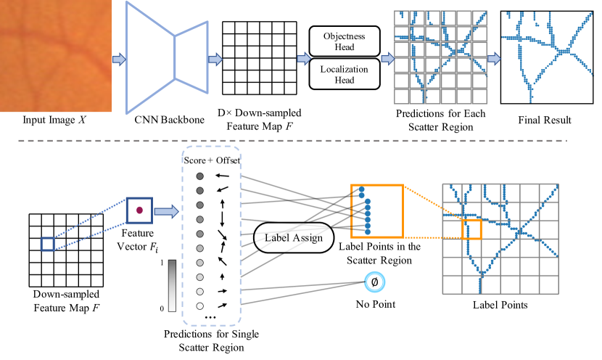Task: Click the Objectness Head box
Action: [x=345, y=41]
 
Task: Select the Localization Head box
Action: [x=345, y=74]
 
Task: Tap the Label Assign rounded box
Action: [x=294, y=238]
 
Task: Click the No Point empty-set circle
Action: [x=375, y=282]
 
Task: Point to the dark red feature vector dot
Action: [x=139, y=210]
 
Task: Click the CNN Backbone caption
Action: [x=169, y=120]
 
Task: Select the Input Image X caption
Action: [x=54, y=120]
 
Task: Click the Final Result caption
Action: [x=545, y=120]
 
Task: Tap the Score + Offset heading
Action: [x=212, y=160]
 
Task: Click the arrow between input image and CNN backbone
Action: [x=119, y=60]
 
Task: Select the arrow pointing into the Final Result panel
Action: [x=494, y=59]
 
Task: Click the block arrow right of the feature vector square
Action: [x=166, y=211]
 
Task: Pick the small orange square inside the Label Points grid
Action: [x=471, y=229]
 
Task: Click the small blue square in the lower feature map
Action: [x=48, y=245]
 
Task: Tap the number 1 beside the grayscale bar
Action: [x=162, y=263]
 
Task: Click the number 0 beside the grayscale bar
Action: [x=162, y=308]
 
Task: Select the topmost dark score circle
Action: [x=199, y=176]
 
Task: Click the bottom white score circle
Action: [x=199, y=306]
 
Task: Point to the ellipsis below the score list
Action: [x=210, y=318]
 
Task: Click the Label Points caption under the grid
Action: [x=500, y=305]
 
